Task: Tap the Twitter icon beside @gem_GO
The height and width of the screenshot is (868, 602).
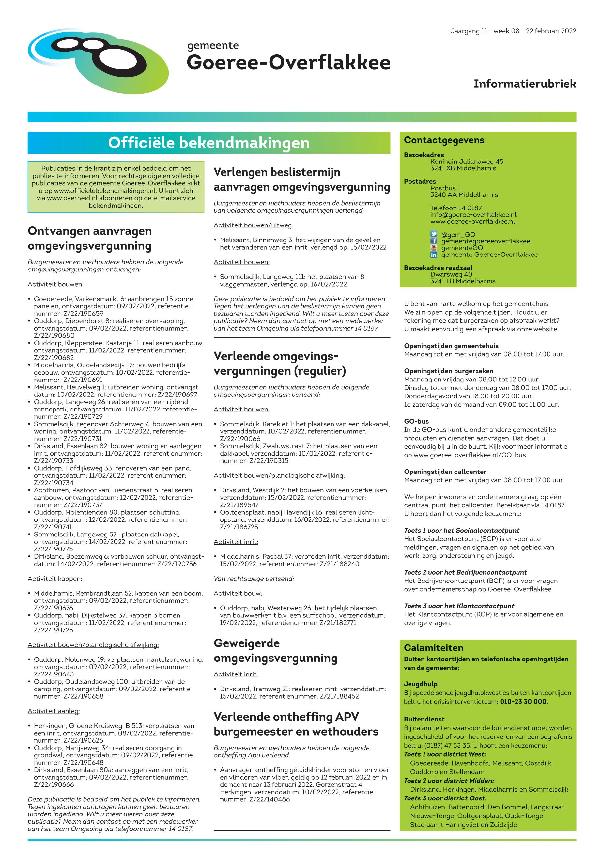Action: click(x=434, y=234)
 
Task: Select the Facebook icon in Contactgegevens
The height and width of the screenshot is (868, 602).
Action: click(x=434, y=241)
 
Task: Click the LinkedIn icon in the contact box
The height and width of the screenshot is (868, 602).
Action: click(x=434, y=255)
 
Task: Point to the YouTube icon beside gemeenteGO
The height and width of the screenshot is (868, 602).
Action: click(x=434, y=248)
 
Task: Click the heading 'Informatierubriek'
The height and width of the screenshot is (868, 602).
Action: click(x=525, y=84)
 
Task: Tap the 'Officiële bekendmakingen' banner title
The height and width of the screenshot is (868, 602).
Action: click(x=208, y=143)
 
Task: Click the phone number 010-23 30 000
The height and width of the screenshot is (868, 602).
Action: click(x=523, y=702)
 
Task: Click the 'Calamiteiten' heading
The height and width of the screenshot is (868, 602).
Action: click(x=433, y=648)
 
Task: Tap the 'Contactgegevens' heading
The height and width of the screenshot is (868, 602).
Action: click(x=444, y=140)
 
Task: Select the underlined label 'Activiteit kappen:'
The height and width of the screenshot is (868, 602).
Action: click(x=55, y=579)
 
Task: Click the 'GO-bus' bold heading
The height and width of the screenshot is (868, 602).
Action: click(x=416, y=421)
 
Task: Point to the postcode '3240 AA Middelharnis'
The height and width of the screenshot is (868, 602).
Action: click(x=464, y=195)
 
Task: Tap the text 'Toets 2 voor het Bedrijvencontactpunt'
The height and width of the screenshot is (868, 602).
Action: click(x=465, y=573)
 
